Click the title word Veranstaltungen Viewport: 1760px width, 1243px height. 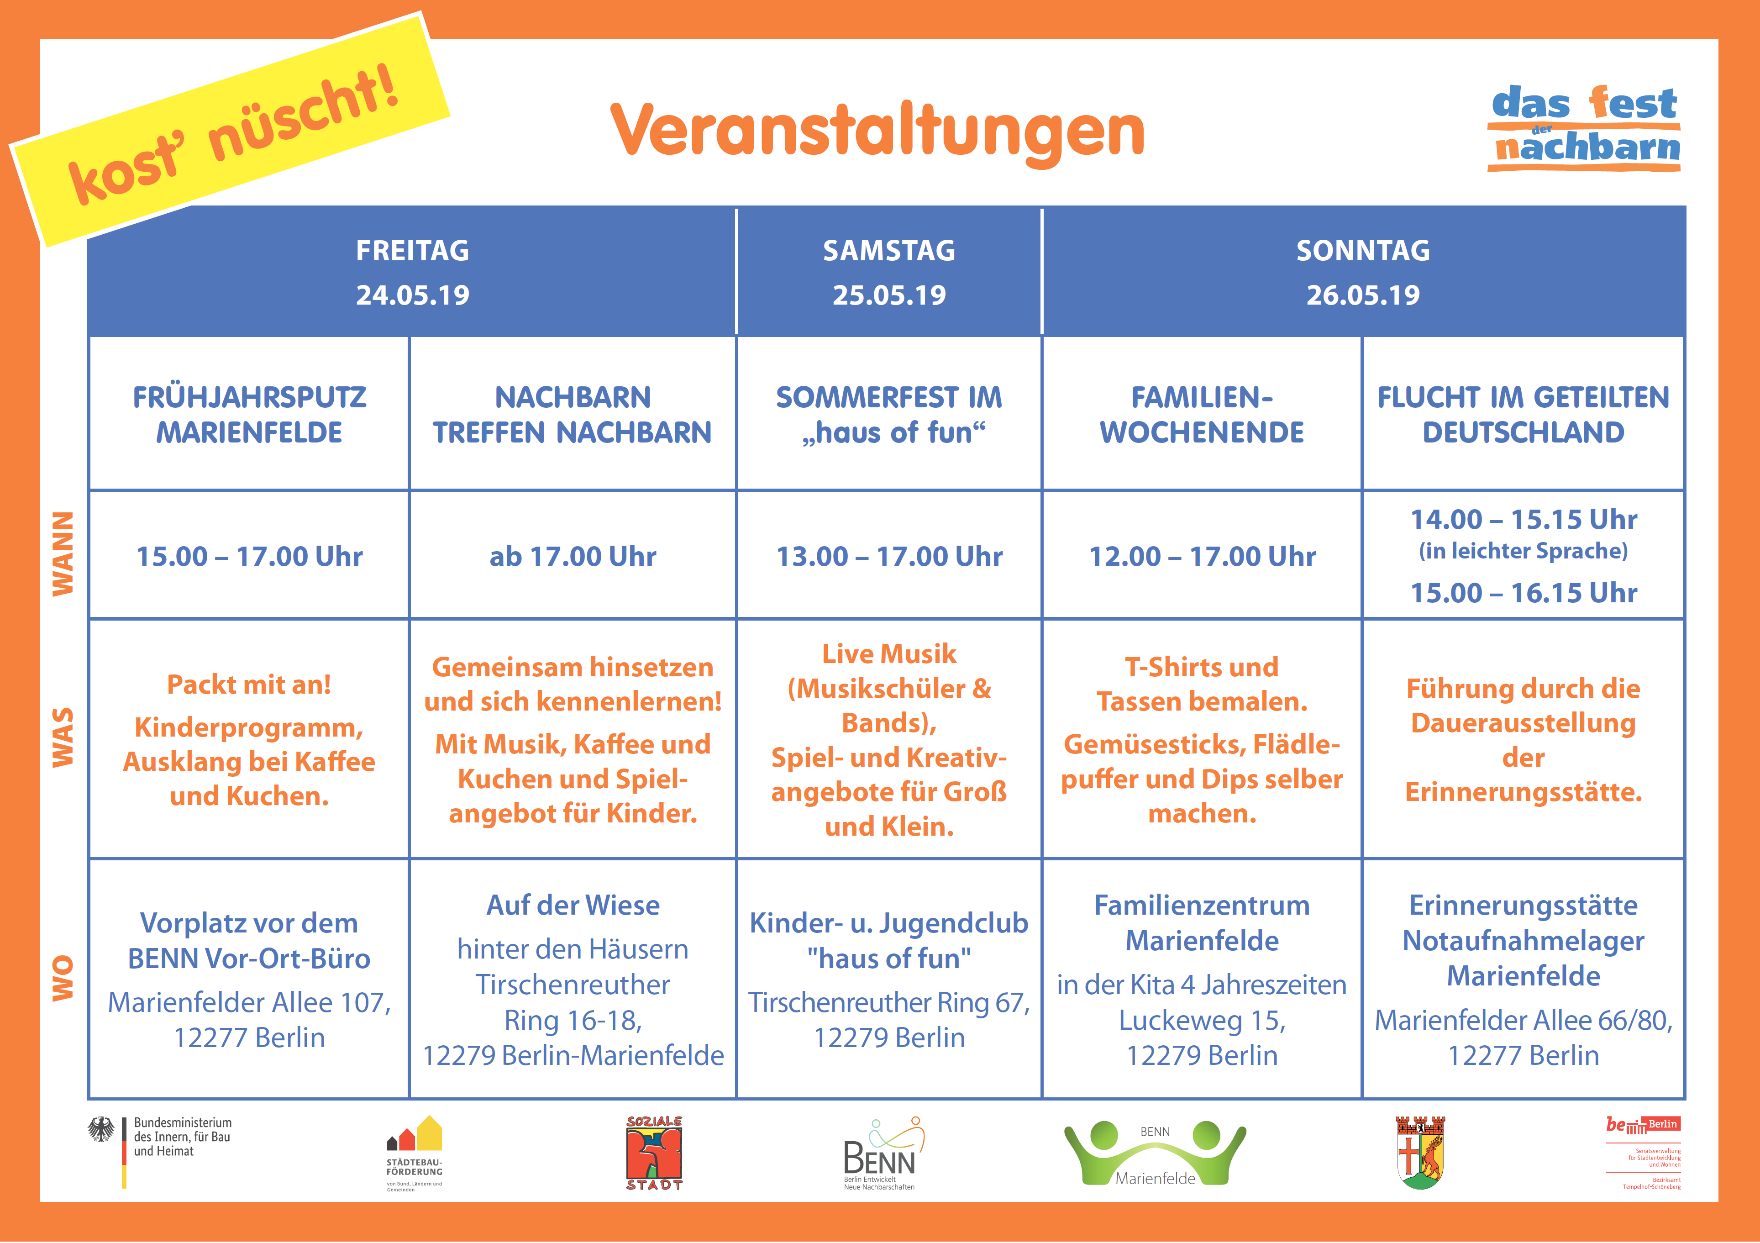877,132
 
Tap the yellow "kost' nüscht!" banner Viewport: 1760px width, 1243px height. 230,130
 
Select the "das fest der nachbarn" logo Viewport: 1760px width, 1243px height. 1585,128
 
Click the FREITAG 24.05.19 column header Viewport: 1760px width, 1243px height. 412,272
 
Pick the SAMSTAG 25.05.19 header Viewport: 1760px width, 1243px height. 889,272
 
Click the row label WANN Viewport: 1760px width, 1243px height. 63,553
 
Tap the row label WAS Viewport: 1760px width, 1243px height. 63,737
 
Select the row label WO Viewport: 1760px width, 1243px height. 63,978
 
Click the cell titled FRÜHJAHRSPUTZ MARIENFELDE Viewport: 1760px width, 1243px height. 249,415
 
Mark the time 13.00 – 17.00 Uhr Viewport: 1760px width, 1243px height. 889,556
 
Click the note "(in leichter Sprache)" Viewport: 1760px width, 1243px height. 1523,551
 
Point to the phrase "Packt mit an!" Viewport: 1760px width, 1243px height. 249,684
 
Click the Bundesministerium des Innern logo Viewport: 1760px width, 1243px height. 159,1150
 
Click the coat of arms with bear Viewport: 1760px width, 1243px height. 1420,1152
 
